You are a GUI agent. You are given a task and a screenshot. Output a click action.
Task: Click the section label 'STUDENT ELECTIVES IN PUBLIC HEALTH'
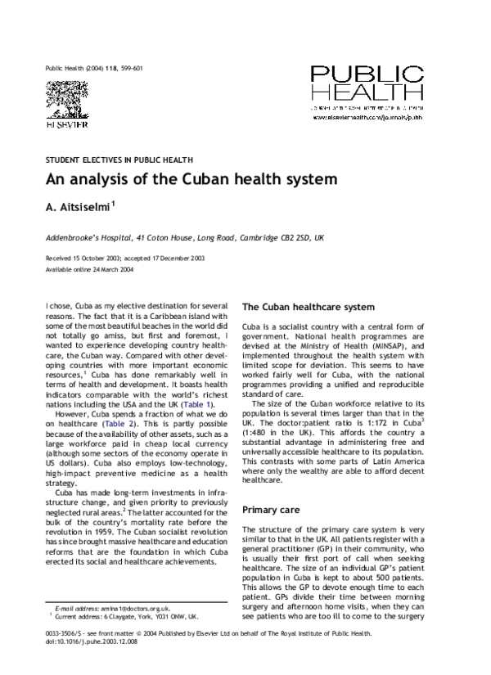click(119, 160)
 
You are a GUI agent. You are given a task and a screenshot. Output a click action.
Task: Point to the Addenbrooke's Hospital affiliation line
click(184, 237)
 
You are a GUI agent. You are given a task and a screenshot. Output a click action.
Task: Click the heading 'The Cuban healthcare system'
click(309, 308)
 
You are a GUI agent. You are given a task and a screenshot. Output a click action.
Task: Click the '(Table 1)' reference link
click(199, 404)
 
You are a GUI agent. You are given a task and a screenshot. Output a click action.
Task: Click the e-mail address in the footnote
click(129, 632)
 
